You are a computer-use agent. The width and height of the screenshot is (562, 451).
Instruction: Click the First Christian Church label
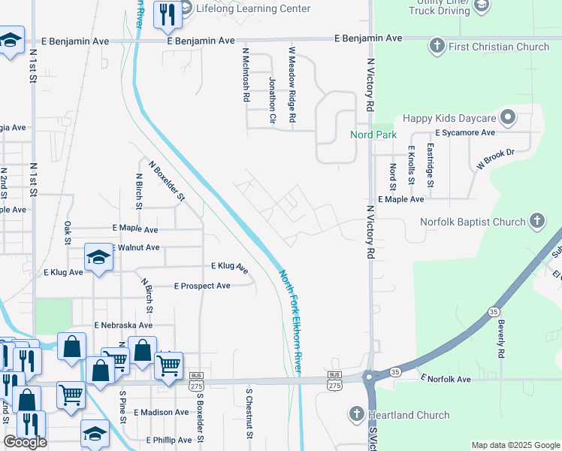(x=500, y=47)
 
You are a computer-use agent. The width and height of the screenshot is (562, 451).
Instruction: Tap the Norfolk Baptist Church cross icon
(x=536, y=221)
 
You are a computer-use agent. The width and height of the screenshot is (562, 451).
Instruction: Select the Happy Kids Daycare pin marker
(x=509, y=117)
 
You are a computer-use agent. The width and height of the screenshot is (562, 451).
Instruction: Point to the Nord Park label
(x=373, y=135)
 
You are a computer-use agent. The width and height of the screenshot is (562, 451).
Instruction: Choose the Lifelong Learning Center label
(x=252, y=8)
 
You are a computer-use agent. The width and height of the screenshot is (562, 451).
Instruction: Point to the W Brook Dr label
(x=494, y=158)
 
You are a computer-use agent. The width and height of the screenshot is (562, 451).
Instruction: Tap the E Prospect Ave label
(x=202, y=286)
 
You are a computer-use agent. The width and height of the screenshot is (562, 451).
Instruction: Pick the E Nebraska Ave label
(x=123, y=325)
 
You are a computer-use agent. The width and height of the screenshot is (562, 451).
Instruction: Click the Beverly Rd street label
(x=500, y=337)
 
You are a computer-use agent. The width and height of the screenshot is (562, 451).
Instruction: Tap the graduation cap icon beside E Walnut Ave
(x=98, y=257)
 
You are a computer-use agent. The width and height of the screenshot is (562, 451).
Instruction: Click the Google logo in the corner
(x=26, y=442)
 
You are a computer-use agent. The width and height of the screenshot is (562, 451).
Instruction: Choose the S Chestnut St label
(x=249, y=412)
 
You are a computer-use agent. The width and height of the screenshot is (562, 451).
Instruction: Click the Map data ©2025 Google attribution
(x=515, y=445)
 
